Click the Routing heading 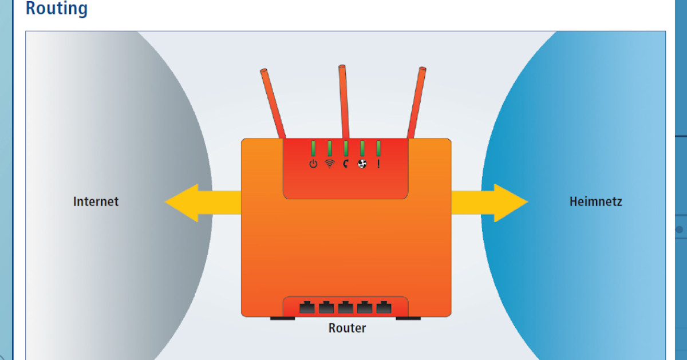(57, 9)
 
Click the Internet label (96, 201)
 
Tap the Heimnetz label (595, 201)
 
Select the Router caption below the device (347, 328)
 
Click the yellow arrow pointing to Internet (195, 203)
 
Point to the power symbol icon (313, 164)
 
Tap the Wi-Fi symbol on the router (330, 164)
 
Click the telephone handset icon (346, 164)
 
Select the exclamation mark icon (378, 164)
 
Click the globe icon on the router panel (362, 164)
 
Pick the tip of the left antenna (264, 73)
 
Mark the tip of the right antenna (423, 70)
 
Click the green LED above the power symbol (313, 148)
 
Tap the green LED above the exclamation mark (378, 148)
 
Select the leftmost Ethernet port (307, 307)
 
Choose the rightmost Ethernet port (383, 307)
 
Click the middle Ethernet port (345, 307)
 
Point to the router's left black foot (283, 318)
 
